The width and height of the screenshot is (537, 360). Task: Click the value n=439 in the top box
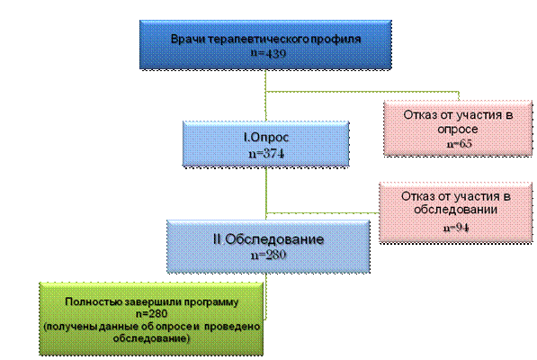coord(268,53)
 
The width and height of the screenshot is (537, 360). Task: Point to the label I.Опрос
coord(266,137)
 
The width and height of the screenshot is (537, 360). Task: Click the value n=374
coord(266,153)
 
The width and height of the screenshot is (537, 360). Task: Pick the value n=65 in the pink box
coord(460,143)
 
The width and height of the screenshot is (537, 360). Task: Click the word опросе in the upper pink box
coord(458,130)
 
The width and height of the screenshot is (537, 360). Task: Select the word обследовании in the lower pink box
coord(455,210)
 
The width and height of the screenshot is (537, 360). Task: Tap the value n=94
coord(456,228)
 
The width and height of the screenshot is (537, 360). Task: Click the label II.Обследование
coord(268,239)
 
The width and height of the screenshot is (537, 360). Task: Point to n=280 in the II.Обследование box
coord(268,255)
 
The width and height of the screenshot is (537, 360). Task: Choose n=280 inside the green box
coord(151,313)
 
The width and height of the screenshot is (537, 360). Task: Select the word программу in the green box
coord(210,302)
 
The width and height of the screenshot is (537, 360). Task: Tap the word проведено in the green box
coord(232,327)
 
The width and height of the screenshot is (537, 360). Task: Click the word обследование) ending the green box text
coord(151,338)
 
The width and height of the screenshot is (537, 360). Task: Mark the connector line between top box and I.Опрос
coord(265,95)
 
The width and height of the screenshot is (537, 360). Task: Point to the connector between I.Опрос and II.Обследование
coord(266,193)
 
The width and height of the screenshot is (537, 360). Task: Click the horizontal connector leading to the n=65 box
coord(362,92)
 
